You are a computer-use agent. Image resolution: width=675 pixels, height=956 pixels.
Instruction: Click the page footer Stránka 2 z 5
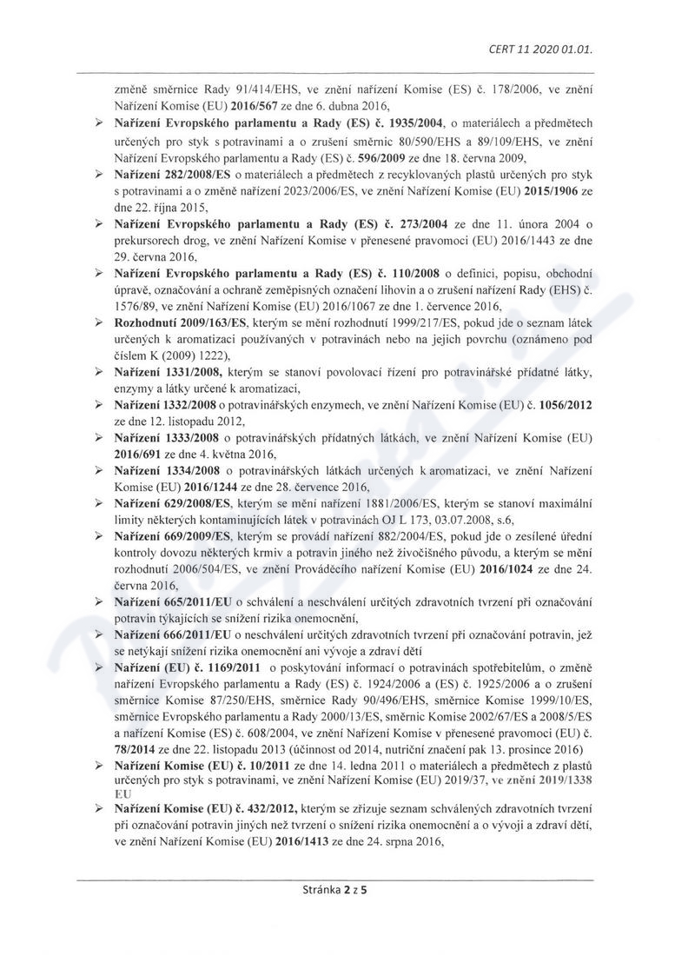[337, 914]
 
